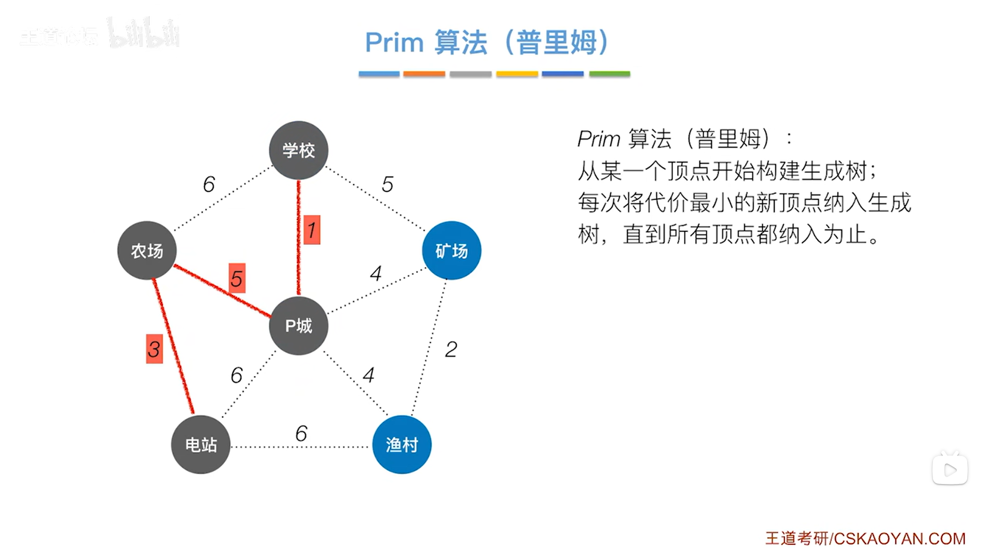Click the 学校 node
(x=298, y=150)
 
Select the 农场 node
(x=147, y=251)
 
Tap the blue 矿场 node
(x=451, y=251)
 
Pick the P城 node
(x=298, y=326)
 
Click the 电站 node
(x=201, y=445)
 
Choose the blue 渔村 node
(x=402, y=445)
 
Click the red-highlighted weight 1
(x=311, y=230)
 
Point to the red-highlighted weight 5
(x=237, y=279)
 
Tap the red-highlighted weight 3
(x=154, y=349)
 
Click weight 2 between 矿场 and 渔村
(x=451, y=349)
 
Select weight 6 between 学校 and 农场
(x=209, y=184)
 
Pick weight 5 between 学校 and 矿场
(x=387, y=184)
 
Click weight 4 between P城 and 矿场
(x=376, y=273)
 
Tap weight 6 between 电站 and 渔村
(x=301, y=433)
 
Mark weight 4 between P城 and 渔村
(x=368, y=375)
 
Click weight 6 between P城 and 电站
(x=237, y=375)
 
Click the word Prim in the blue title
(x=394, y=43)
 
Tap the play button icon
(x=950, y=470)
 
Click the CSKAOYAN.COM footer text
(x=899, y=538)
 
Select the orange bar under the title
(x=424, y=74)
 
